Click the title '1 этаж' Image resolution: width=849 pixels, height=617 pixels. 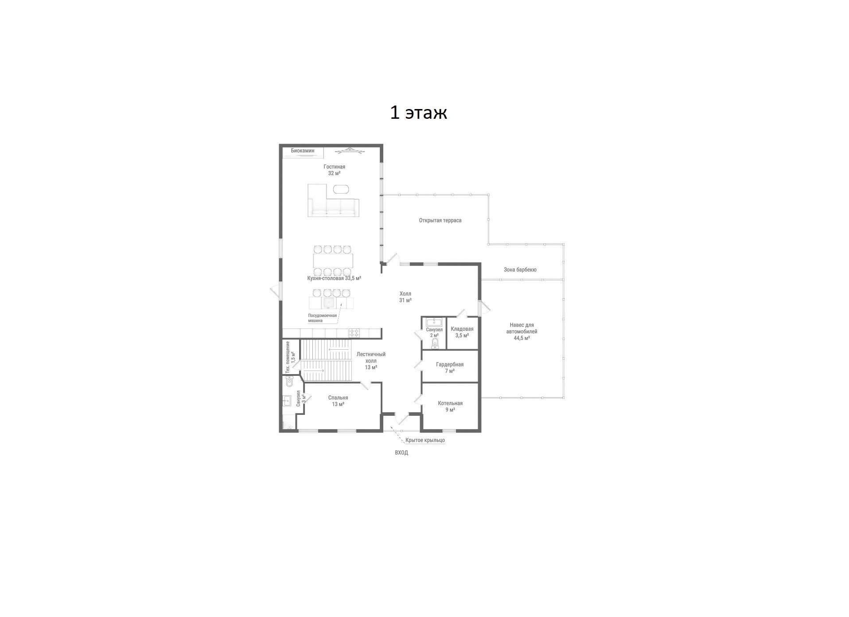click(418, 113)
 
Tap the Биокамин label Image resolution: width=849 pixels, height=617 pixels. click(303, 151)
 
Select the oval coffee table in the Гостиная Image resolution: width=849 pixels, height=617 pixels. click(341, 189)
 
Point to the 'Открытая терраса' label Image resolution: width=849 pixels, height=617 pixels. click(440, 220)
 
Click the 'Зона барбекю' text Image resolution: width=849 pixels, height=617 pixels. click(520, 269)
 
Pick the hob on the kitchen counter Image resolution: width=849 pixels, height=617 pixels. click(354, 332)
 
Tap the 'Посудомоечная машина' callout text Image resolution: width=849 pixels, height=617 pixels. click(323, 318)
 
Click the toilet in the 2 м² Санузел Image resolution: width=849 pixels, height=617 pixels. click(434, 344)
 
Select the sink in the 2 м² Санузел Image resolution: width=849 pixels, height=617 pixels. click(433, 322)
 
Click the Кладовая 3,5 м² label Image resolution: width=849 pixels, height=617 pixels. click(462, 332)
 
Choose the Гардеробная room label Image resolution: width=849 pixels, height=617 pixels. click(449, 367)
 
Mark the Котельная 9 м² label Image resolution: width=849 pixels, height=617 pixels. click(450, 406)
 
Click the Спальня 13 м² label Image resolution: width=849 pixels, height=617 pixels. click(338, 401)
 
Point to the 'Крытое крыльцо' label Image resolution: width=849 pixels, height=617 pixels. click(425, 440)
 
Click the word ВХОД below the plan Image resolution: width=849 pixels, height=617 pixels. click(401, 453)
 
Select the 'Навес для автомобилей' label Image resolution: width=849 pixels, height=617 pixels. click(521, 332)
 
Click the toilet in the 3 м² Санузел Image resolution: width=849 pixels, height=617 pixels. click(289, 381)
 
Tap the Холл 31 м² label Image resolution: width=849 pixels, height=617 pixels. click(405, 297)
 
